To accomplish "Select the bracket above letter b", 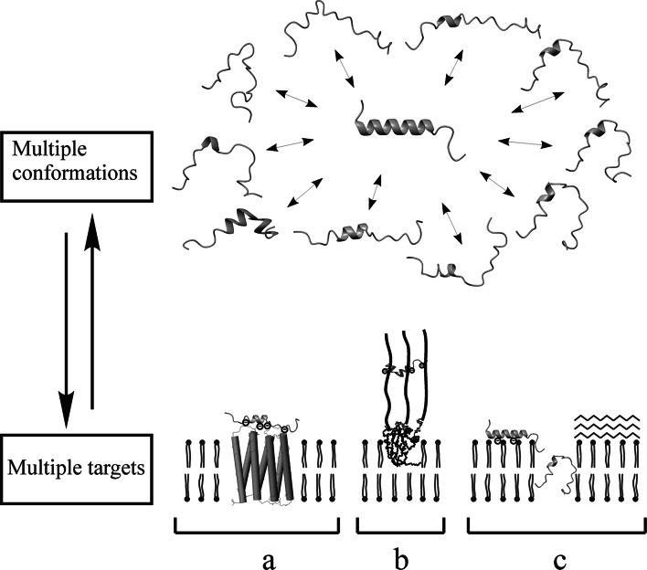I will click(400, 527).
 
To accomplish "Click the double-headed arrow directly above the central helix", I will click(348, 70).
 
